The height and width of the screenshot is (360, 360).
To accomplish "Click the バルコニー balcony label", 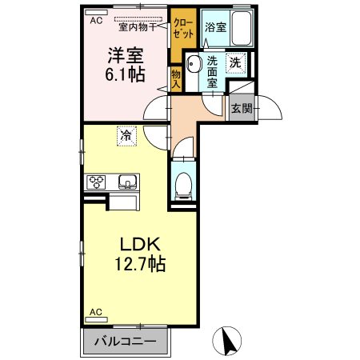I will [x=126, y=342].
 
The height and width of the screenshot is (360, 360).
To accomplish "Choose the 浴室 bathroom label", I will [x=214, y=26].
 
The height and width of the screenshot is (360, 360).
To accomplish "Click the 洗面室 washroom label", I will [x=213, y=70].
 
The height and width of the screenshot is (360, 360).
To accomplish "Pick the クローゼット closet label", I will [x=182, y=30].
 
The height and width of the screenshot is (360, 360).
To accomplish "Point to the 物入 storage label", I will [x=176, y=77].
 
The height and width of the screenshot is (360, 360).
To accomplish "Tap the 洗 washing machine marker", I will [x=236, y=62].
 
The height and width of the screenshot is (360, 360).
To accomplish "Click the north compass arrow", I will [x=229, y=342].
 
